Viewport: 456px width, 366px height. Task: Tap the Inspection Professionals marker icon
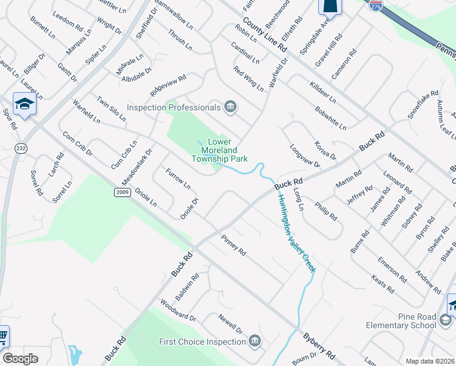tap(230, 107)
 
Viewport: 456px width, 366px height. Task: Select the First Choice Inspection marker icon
tap(255, 341)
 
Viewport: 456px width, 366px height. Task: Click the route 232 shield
tap(21, 148)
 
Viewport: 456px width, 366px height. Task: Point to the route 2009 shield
tap(122, 192)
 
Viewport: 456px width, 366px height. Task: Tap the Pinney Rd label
tap(233, 245)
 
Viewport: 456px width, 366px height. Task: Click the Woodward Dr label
tap(178, 310)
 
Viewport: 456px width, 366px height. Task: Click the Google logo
tap(20, 359)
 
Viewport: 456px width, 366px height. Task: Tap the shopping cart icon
tap(2, 335)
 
